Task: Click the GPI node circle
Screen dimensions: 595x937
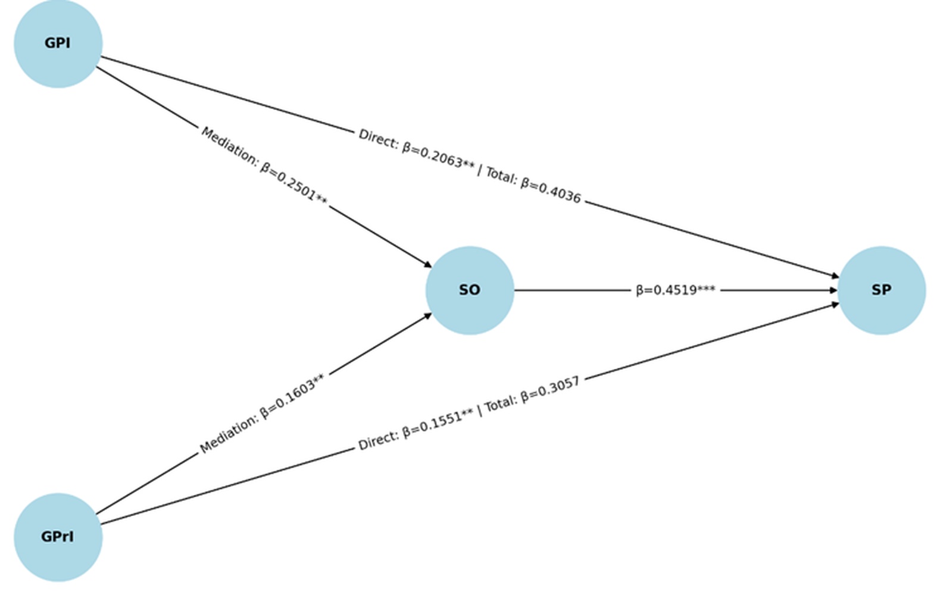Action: pyautogui.click(x=58, y=44)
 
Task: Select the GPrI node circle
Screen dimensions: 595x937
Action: pyautogui.click(x=58, y=537)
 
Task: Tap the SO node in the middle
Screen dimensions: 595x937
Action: pyautogui.click(x=470, y=290)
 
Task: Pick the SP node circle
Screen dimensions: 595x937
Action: pyautogui.click(x=882, y=290)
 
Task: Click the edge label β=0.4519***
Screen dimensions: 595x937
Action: pyautogui.click(x=675, y=290)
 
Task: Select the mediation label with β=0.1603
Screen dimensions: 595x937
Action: pyautogui.click(x=263, y=413)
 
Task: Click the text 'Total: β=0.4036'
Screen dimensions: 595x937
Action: pyautogui.click(x=533, y=184)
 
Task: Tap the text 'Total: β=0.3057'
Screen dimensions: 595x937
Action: pyautogui.click(x=532, y=394)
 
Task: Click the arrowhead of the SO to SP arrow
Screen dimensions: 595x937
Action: pyautogui.click(x=833, y=290)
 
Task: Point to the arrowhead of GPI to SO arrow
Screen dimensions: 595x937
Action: pyautogui.click(x=427, y=264)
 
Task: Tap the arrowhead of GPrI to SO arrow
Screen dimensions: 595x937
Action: pyautogui.click(x=427, y=316)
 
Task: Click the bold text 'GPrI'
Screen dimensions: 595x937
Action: pyautogui.click(x=58, y=537)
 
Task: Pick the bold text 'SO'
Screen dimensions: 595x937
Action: pyautogui.click(x=470, y=290)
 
